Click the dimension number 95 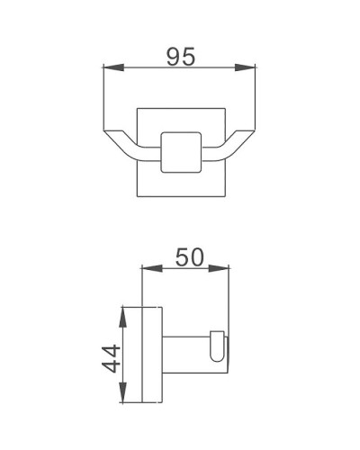coord(182,55)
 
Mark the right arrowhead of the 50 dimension coord(228,266)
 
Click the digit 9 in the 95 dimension coord(173,55)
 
